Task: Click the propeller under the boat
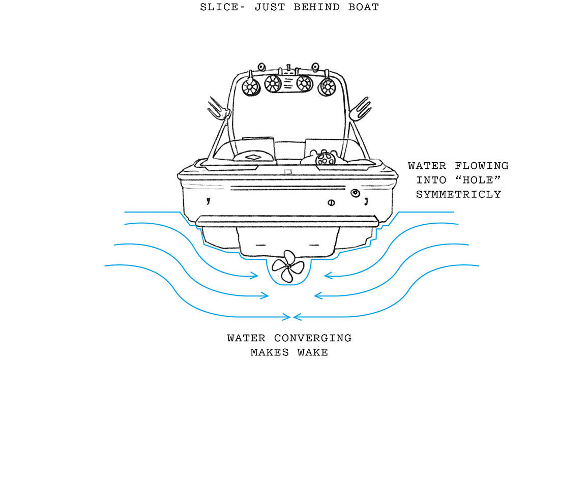[288, 266]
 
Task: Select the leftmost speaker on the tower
[250, 87]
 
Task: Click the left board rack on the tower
[216, 108]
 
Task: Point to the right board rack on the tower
[361, 108]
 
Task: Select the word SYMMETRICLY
[458, 194]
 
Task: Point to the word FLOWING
[481, 166]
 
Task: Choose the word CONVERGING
[312, 338]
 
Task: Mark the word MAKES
[270, 352]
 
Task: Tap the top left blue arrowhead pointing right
[254, 276]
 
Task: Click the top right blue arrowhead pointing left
[328, 276]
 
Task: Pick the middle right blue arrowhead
[318, 295]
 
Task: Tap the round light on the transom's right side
[355, 193]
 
